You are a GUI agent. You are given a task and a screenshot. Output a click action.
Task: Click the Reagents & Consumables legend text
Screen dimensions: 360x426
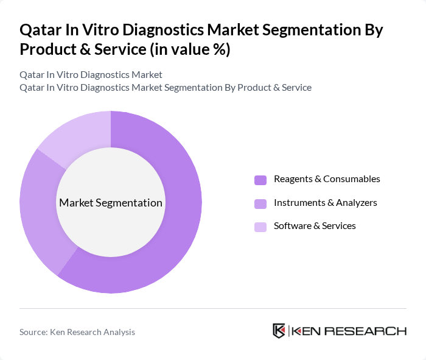click(x=327, y=179)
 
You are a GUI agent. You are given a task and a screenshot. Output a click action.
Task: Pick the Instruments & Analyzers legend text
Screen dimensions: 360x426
click(x=325, y=202)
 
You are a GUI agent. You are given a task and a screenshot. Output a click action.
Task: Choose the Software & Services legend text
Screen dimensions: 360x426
click(x=315, y=225)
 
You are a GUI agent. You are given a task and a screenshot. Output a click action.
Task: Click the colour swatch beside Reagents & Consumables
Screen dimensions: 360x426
click(x=260, y=180)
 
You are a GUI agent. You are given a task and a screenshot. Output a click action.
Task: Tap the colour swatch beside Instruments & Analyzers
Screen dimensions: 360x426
click(x=260, y=203)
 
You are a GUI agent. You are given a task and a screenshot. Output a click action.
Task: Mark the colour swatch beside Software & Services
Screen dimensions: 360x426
click(x=260, y=226)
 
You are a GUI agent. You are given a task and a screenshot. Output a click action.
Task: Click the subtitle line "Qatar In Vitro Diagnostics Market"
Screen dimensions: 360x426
click(x=91, y=74)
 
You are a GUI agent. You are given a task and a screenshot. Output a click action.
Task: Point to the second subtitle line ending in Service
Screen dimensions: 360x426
click(x=166, y=87)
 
